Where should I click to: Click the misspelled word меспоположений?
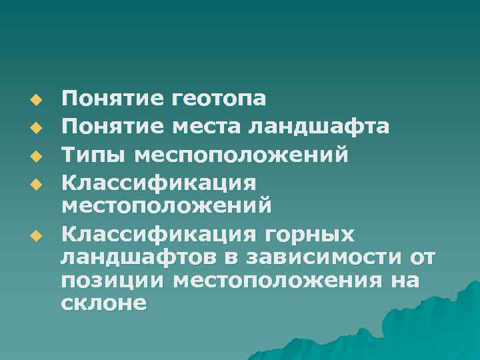pyautogui.click(x=241, y=154)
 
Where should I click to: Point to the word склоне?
pyautogui.click(x=103, y=304)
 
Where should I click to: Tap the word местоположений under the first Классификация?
pyautogui.click(x=166, y=204)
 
